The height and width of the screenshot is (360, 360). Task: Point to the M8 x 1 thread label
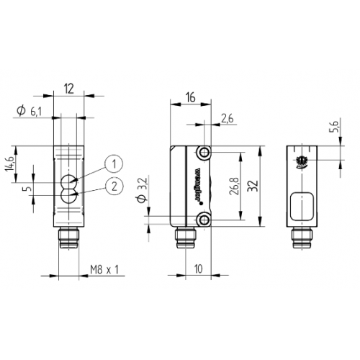[104, 270]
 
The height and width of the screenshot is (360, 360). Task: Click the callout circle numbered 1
[112, 164]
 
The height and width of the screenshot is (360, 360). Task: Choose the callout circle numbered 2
[112, 186]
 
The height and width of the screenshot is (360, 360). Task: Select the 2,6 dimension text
[228, 118]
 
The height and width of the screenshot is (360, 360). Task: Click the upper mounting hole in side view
[205, 153]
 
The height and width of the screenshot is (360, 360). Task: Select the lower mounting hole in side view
[205, 217]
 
